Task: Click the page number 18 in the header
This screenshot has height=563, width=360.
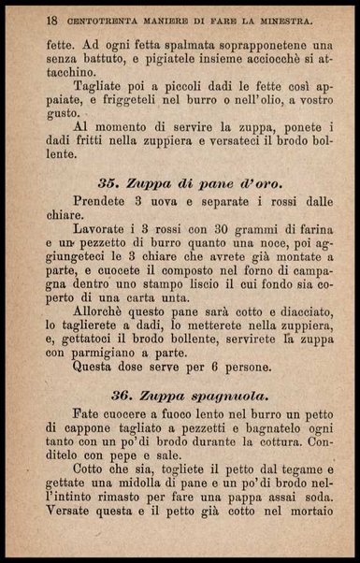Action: click(x=26, y=20)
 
